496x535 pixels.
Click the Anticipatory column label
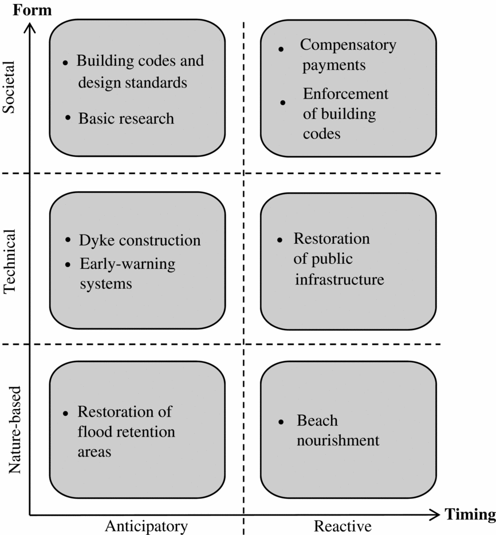click(146, 526)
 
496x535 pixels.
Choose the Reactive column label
click(343, 526)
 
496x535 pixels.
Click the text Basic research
click(126, 118)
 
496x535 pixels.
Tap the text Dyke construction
click(140, 240)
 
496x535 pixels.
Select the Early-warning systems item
click(127, 274)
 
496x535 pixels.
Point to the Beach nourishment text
click(337, 431)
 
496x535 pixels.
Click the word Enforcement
click(345, 94)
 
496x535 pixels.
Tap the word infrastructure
click(339, 280)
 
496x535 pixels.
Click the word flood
click(95, 431)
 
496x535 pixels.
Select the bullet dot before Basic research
click(68, 117)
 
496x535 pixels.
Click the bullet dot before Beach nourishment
click(281, 422)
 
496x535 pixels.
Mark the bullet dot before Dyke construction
click(69, 239)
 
